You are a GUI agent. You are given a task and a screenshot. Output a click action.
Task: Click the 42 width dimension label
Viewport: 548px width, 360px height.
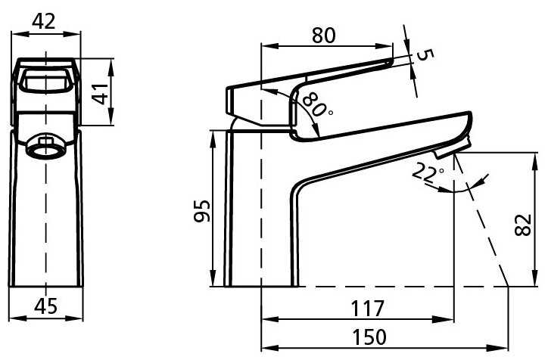pyautogui.click(x=44, y=22)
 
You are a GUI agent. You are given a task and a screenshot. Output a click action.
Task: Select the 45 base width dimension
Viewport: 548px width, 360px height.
pyautogui.click(x=45, y=306)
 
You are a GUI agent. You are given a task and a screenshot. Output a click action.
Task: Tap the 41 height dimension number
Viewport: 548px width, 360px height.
pyautogui.click(x=101, y=94)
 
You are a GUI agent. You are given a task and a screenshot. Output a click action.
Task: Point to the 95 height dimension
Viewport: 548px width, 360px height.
pyautogui.click(x=202, y=210)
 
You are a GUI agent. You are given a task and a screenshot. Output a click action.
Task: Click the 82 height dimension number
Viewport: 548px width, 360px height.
pyautogui.click(x=523, y=225)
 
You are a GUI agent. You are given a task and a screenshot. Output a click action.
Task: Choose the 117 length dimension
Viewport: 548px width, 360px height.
pyautogui.click(x=367, y=308)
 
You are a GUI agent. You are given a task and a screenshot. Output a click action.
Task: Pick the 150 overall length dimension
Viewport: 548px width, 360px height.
pyautogui.click(x=369, y=337)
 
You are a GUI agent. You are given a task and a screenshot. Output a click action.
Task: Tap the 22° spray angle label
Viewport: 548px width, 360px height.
pyautogui.click(x=428, y=173)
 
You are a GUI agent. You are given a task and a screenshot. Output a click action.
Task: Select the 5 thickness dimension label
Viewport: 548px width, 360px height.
pyautogui.click(x=425, y=55)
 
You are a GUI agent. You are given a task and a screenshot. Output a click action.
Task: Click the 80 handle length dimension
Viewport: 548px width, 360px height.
pyautogui.click(x=324, y=36)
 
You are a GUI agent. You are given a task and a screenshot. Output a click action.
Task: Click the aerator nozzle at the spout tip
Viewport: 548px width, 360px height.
pyautogui.click(x=452, y=148)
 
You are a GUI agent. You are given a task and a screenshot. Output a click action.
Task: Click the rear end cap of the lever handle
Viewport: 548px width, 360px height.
pyautogui.click(x=231, y=101)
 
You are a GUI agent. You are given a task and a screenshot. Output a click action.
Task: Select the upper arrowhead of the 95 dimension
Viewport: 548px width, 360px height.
pyautogui.click(x=212, y=138)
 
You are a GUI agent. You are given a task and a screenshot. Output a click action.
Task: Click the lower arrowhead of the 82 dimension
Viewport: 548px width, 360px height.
pyautogui.click(x=534, y=279)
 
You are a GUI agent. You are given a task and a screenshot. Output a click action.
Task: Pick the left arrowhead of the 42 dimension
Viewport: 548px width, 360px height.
pyautogui.click(x=18, y=34)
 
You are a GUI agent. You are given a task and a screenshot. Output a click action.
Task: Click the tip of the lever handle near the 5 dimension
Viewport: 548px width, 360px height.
pyautogui.click(x=390, y=62)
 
